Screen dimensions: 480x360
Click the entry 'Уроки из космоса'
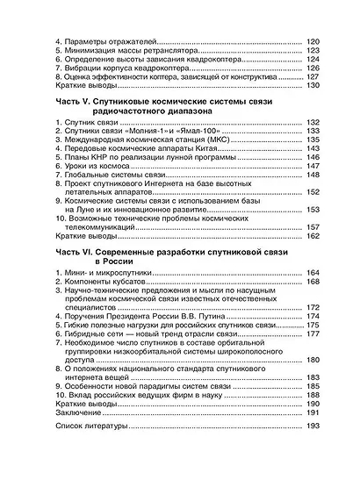click(x=88, y=201)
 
